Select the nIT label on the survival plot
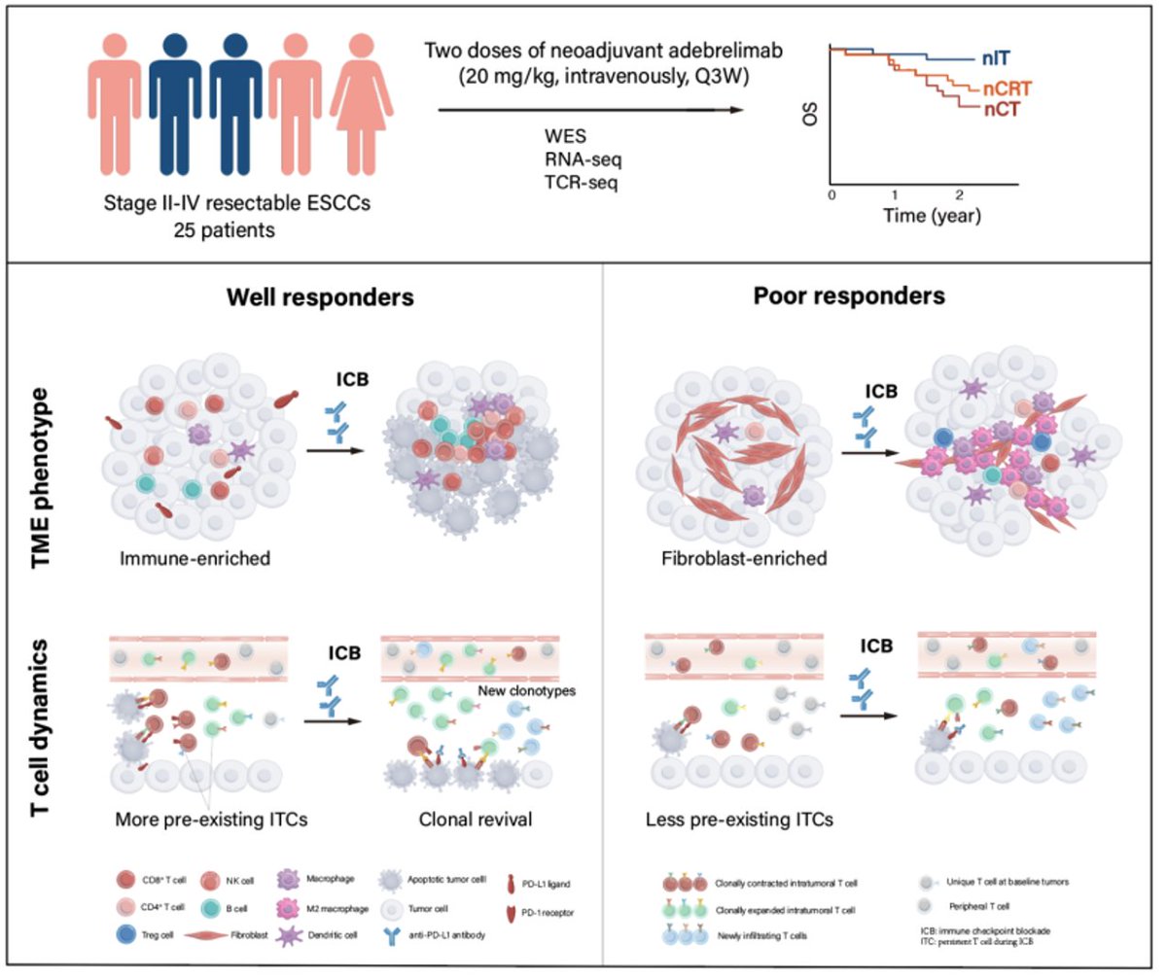pyautogui.click(x=999, y=59)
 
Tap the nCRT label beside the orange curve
pyautogui.click(x=1006, y=89)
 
